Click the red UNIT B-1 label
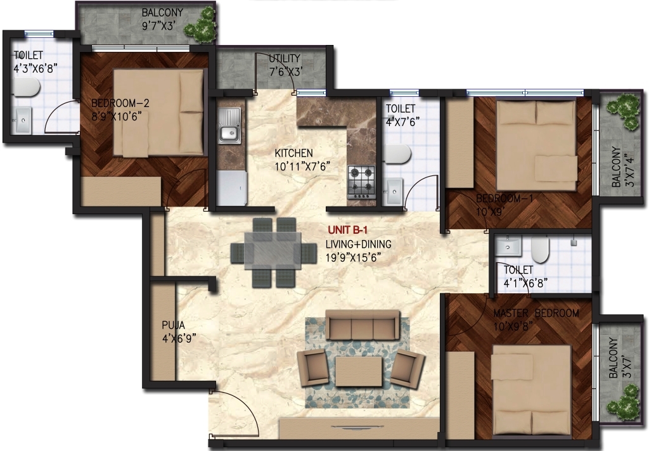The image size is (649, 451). [x=348, y=230]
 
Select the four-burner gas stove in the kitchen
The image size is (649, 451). [x=361, y=182]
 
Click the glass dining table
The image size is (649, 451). [x=273, y=251]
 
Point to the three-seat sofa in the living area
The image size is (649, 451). [x=362, y=325]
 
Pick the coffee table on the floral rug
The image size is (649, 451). [x=359, y=371]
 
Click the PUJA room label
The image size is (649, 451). [x=174, y=326]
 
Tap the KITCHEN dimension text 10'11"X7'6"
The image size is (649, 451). [x=302, y=167]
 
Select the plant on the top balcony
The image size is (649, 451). [x=201, y=26]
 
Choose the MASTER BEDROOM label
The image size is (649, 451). [x=536, y=313]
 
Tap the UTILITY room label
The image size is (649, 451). [x=285, y=58]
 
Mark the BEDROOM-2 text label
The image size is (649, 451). [x=120, y=103]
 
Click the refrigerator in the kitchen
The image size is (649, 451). [x=232, y=188]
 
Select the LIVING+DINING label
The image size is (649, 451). [x=359, y=244]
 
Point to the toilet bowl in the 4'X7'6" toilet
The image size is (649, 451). [x=397, y=154]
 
